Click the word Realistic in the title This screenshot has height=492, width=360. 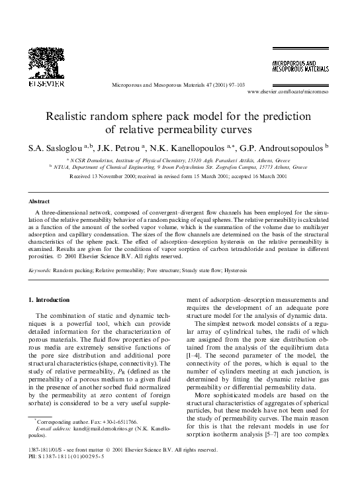pyautogui.click(x=71, y=116)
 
